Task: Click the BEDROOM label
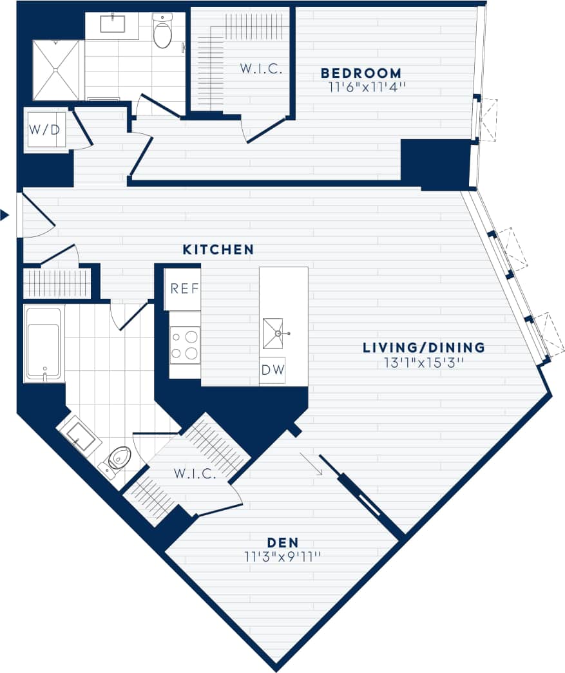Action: [361, 73]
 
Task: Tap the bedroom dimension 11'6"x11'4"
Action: [361, 88]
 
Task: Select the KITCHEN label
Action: [218, 249]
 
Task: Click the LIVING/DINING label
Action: [423, 348]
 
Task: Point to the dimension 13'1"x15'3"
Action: [423, 363]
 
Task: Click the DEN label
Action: [282, 542]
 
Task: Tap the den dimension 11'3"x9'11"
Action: [282, 556]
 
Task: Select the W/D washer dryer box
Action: [45, 129]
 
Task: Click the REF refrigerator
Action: [184, 288]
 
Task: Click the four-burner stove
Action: [185, 345]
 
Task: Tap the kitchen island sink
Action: [273, 333]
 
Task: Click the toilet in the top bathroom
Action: [162, 32]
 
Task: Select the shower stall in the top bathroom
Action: [58, 70]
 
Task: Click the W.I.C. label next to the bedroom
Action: [262, 69]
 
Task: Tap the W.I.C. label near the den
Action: [195, 474]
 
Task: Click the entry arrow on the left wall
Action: [5, 215]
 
